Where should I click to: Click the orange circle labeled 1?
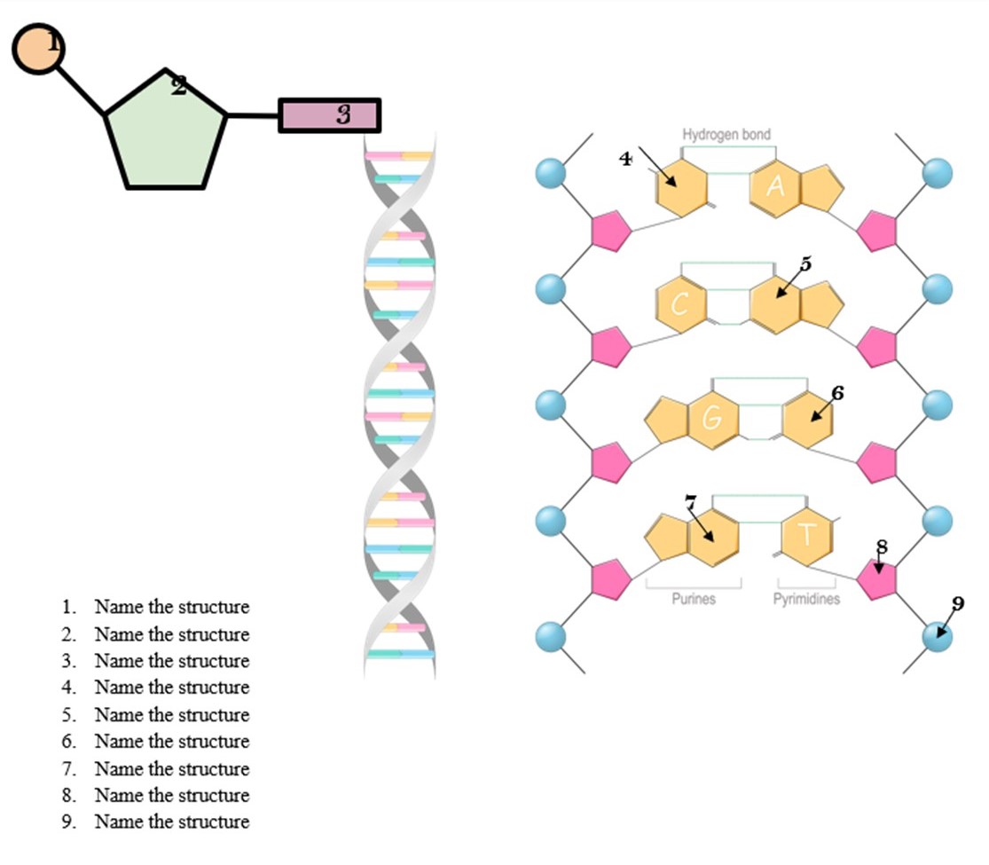pyautogui.click(x=38, y=49)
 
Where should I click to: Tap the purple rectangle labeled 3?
pyautogui.click(x=329, y=115)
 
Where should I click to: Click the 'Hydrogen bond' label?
pyautogui.click(x=726, y=134)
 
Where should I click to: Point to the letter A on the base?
pyautogui.click(x=775, y=186)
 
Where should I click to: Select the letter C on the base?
pyautogui.click(x=680, y=304)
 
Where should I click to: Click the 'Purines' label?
pyautogui.click(x=693, y=599)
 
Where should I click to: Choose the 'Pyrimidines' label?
pyautogui.click(x=805, y=599)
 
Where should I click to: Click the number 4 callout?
pyautogui.click(x=625, y=159)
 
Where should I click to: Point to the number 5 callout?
pyautogui.click(x=805, y=263)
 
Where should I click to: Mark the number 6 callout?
pyautogui.click(x=837, y=392)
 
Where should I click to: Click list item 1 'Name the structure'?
pyautogui.click(x=171, y=608)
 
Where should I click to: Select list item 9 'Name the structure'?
pyautogui.click(x=171, y=822)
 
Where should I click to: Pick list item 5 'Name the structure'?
pyautogui.click(x=171, y=715)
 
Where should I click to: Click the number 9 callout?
pyautogui.click(x=958, y=603)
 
